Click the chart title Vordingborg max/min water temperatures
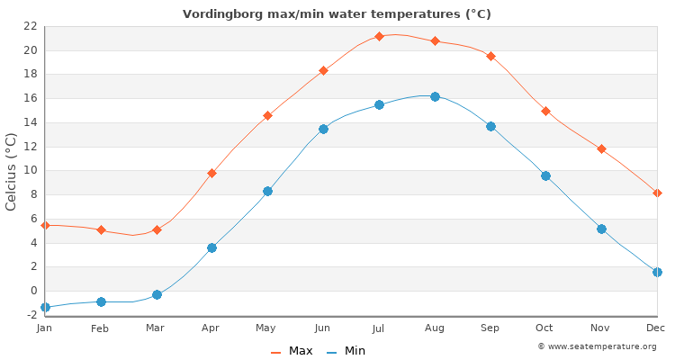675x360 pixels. (337, 13)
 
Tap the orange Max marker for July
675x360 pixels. (379, 36)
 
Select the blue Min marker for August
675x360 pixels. (435, 96)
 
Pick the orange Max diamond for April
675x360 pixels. (211, 173)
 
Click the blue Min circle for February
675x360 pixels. (101, 301)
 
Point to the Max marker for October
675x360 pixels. (545, 111)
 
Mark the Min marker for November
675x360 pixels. (601, 229)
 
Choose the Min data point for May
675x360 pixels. (267, 191)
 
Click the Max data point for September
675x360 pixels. (490, 56)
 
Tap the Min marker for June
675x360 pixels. (323, 129)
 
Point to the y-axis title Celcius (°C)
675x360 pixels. (12, 171)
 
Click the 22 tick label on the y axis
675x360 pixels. (30, 26)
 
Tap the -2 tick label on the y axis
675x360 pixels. (30, 315)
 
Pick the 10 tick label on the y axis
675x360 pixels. (30, 170)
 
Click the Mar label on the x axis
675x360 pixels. (156, 328)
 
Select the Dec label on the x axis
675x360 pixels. (656, 328)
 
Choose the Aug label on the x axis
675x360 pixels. (435, 328)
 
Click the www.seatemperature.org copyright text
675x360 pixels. (597, 346)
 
